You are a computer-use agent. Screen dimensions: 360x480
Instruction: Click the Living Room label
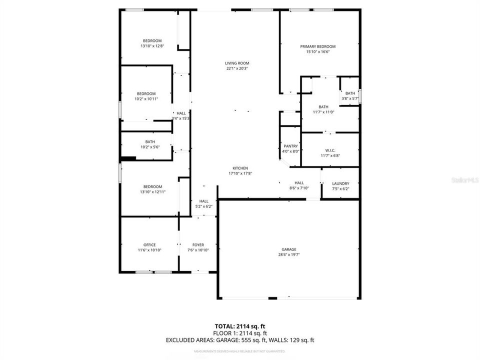[x=237, y=63]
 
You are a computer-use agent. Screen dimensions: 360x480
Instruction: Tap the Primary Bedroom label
[x=317, y=46]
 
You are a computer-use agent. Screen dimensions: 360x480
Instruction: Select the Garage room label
[x=288, y=249]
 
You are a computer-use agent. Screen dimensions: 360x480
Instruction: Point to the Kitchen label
[x=240, y=168]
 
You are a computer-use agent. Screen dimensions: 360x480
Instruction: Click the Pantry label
[x=290, y=146]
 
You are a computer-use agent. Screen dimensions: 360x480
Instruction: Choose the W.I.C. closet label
[x=330, y=150]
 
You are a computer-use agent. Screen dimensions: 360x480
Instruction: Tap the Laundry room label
[x=340, y=183]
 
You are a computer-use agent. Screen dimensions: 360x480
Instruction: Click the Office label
[x=149, y=244]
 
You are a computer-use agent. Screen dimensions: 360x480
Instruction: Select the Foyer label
[x=198, y=244]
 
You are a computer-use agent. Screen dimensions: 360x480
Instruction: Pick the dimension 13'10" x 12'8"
[x=152, y=46]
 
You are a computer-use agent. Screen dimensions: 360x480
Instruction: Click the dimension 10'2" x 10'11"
[x=146, y=99]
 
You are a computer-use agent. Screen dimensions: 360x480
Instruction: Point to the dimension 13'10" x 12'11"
[x=152, y=191]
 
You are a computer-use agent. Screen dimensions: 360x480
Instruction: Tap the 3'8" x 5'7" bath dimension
[x=349, y=98]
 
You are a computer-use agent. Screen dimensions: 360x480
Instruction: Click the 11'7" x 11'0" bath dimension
[x=323, y=112]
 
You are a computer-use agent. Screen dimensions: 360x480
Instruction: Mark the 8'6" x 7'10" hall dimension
[x=299, y=188]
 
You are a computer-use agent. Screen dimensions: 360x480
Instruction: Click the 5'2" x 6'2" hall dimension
[x=203, y=206]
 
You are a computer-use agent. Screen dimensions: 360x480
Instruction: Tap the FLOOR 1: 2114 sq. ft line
[x=240, y=333]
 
